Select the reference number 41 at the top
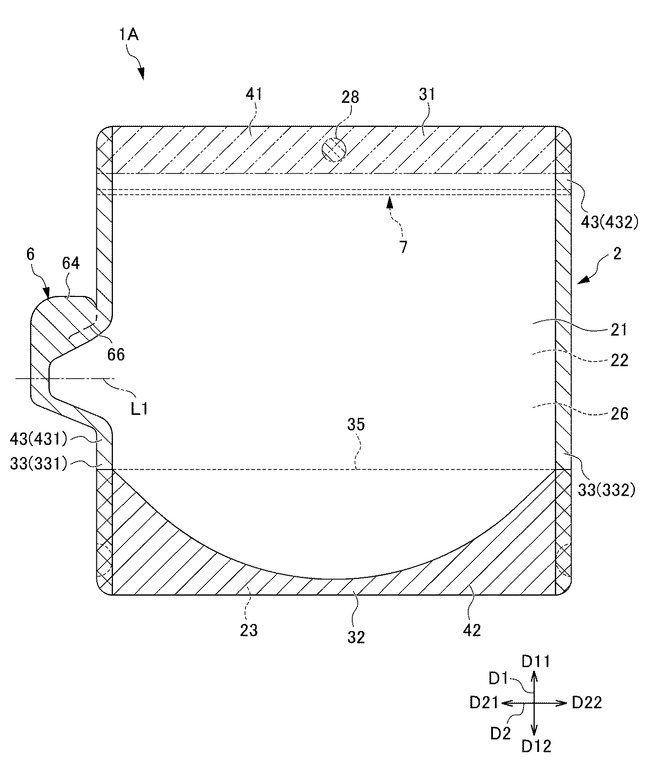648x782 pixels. tap(254, 95)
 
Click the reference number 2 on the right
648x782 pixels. tap(617, 253)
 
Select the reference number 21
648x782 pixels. tap(618, 330)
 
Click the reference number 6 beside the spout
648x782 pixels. tap(30, 254)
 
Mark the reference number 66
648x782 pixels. tap(115, 355)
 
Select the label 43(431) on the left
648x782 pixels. tap(38, 439)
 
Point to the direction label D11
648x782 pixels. tap(536, 662)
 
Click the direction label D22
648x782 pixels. tap(587, 703)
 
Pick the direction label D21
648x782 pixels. tap(484, 703)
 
